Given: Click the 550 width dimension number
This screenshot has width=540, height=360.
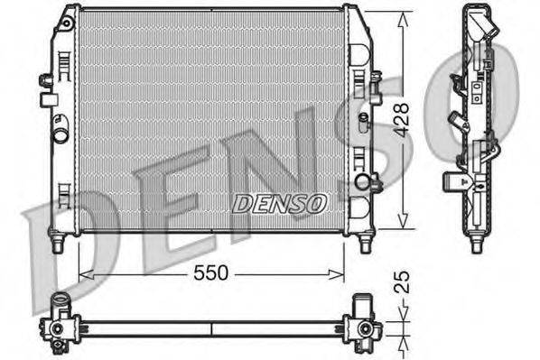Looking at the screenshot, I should (x=210, y=272).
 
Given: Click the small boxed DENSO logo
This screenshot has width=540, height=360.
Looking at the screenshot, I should (x=279, y=204).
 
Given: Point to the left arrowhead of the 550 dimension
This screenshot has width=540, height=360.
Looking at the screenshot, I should (x=84, y=272).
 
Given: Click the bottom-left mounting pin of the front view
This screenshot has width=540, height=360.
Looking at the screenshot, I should (x=58, y=244).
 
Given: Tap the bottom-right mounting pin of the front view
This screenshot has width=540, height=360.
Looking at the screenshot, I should (x=365, y=244).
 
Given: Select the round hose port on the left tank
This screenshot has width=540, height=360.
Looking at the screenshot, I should (x=61, y=138).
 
